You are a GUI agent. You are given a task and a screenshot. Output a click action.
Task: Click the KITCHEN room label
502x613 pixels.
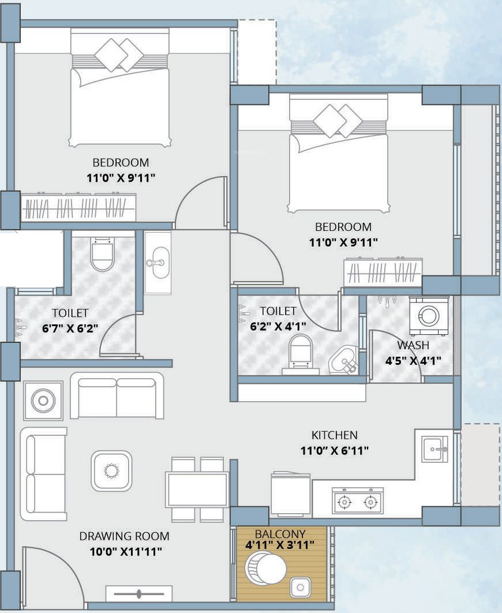335,435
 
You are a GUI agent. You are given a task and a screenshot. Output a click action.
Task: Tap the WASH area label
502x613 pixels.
413,345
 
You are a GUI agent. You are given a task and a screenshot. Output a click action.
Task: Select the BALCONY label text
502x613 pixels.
280,534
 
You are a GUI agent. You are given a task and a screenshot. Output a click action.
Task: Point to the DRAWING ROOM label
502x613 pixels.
124,536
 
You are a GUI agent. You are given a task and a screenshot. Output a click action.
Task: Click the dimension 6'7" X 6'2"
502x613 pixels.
70,328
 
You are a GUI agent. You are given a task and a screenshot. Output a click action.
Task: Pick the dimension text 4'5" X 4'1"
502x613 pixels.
413,360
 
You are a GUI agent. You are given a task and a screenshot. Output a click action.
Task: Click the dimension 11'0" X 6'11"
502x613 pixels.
335,451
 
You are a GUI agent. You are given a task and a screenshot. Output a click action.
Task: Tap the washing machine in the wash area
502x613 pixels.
429,316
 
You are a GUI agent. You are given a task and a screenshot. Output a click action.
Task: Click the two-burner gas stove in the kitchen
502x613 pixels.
358,500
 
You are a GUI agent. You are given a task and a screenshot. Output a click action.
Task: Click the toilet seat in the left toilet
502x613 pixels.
102,253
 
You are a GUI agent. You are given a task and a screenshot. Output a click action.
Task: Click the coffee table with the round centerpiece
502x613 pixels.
111,470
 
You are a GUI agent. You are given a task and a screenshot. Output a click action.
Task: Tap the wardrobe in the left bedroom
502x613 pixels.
78,207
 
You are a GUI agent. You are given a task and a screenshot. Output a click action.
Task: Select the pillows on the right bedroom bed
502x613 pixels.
337,121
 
